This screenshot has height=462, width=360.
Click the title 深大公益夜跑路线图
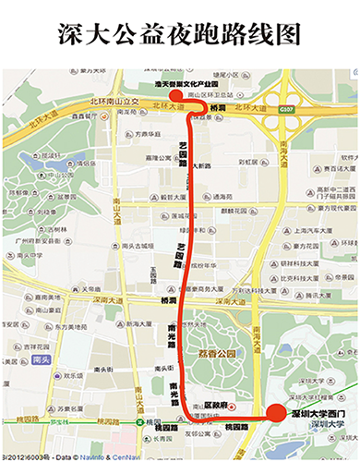click(180, 34)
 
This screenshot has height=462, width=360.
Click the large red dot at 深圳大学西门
click(275, 414)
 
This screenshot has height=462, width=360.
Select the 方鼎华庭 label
click(150, 133)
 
